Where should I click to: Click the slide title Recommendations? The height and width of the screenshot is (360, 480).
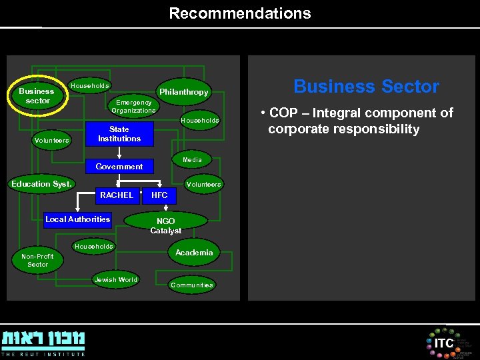(240, 13)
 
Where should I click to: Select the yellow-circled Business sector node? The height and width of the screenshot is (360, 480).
(37, 95)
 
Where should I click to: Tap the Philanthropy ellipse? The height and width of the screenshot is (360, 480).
(183, 92)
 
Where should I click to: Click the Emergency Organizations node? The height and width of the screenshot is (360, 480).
(134, 107)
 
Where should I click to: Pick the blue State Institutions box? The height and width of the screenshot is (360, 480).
(119, 134)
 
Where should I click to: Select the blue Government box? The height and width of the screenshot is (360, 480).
(119, 166)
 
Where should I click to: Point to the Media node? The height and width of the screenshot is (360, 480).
(192, 160)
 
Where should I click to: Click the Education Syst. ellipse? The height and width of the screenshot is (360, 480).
(41, 184)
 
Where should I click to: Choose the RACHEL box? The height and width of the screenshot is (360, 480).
(116, 195)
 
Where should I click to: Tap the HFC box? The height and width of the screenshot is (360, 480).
(160, 195)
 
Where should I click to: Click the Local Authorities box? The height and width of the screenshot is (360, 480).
(77, 219)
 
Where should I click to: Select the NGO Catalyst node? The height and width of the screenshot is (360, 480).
(166, 225)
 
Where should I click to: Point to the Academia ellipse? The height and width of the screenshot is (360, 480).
(194, 252)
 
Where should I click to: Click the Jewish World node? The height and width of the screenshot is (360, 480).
(116, 280)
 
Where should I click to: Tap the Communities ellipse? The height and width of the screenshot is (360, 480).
(192, 285)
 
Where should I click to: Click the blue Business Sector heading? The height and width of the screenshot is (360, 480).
(366, 87)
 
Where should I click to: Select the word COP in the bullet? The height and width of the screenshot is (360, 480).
(283, 113)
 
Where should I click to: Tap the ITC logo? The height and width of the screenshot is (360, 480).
(444, 343)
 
